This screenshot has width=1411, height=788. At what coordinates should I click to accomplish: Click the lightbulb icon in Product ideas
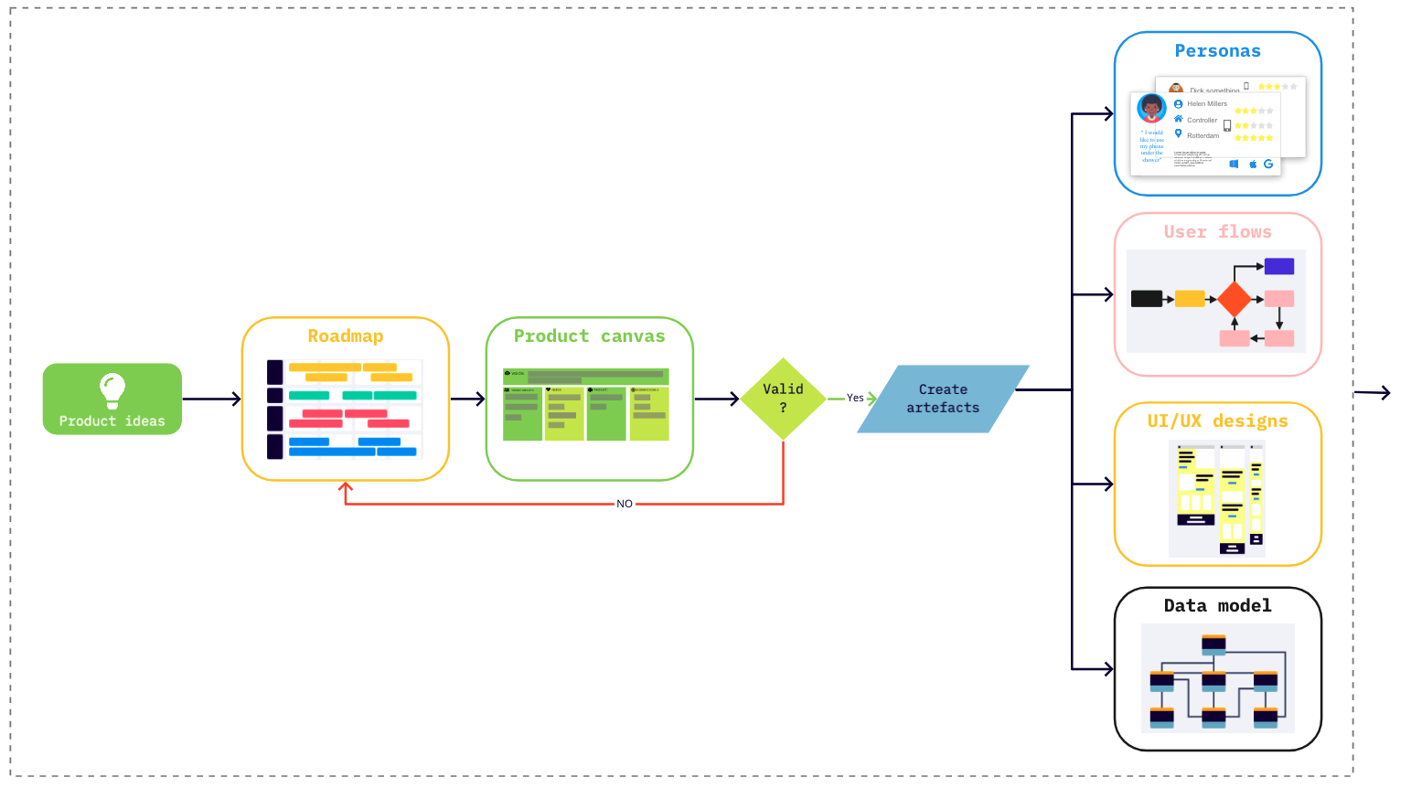[112, 389]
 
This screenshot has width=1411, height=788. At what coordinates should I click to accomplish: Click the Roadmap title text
[346, 336]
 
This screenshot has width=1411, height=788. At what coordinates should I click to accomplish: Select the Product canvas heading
[589, 336]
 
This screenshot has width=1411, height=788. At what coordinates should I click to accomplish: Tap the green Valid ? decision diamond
[784, 399]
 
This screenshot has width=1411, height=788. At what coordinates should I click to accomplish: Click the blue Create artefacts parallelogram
[943, 399]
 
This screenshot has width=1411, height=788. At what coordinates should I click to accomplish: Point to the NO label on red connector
[625, 504]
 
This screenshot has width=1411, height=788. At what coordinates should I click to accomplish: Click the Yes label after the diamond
[855, 398]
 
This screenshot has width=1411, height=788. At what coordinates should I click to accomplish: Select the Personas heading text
[1217, 51]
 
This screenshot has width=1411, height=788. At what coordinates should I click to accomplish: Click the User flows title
[1217, 232]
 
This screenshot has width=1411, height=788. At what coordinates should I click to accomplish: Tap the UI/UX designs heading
[1217, 421]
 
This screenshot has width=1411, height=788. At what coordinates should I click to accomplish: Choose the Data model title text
[1217, 606]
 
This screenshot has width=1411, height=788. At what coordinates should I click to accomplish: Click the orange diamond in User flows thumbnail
[1235, 299]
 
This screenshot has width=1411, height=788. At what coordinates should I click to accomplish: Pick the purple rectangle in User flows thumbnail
[1279, 266]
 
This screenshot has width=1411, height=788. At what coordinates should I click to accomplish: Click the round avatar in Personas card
[1151, 108]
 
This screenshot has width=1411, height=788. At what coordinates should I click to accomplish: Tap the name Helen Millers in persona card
[1207, 104]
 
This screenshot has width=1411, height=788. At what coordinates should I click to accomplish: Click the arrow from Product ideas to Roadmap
[212, 399]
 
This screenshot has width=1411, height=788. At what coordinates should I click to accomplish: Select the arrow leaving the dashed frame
[1373, 393]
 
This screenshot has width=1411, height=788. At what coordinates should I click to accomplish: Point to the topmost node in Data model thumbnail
[1213, 644]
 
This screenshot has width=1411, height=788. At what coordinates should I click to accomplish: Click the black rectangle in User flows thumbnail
[1146, 298]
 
